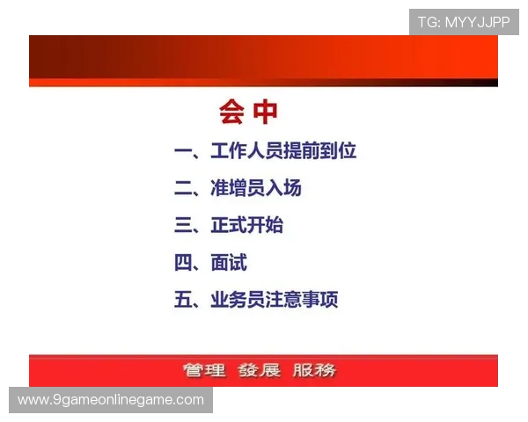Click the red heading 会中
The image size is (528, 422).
pyautogui.click(x=248, y=113)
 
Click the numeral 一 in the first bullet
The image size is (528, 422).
pyautogui.click(x=184, y=151)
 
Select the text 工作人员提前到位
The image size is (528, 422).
pyautogui.click(x=283, y=151)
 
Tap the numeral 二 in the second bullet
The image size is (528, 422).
pyautogui.click(x=184, y=188)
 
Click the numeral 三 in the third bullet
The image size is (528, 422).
pyautogui.click(x=184, y=225)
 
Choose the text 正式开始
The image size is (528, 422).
pyautogui.click(x=247, y=225)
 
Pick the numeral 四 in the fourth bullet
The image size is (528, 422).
pyautogui.click(x=184, y=262)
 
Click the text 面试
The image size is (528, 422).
pyautogui.click(x=229, y=262)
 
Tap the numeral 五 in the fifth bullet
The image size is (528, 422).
pyautogui.click(x=184, y=299)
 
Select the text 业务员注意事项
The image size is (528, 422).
pyautogui.click(x=275, y=299)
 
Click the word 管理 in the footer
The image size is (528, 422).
pyautogui.click(x=204, y=370)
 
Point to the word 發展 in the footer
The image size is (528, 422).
pyautogui.click(x=260, y=370)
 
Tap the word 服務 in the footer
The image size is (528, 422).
pyautogui.click(x=314, y=370)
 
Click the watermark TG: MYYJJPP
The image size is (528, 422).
pyautogui.click(x=464, y=22)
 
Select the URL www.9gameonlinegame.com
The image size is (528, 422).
pyautogui.click(x=111, y=400)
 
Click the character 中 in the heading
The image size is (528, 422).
pyautogui.click(x=265, y=113)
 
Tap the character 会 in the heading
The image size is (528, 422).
pyautogui.click(x=232, y=113)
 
